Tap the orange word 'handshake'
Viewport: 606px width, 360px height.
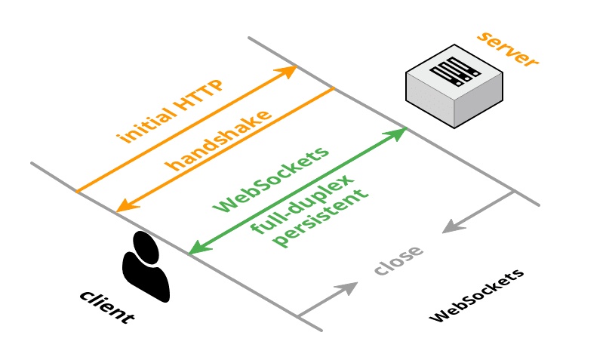tap(219, 141)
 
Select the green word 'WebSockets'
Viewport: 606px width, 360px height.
tap(272, 178)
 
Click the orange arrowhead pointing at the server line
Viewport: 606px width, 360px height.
tap(288, 72)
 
